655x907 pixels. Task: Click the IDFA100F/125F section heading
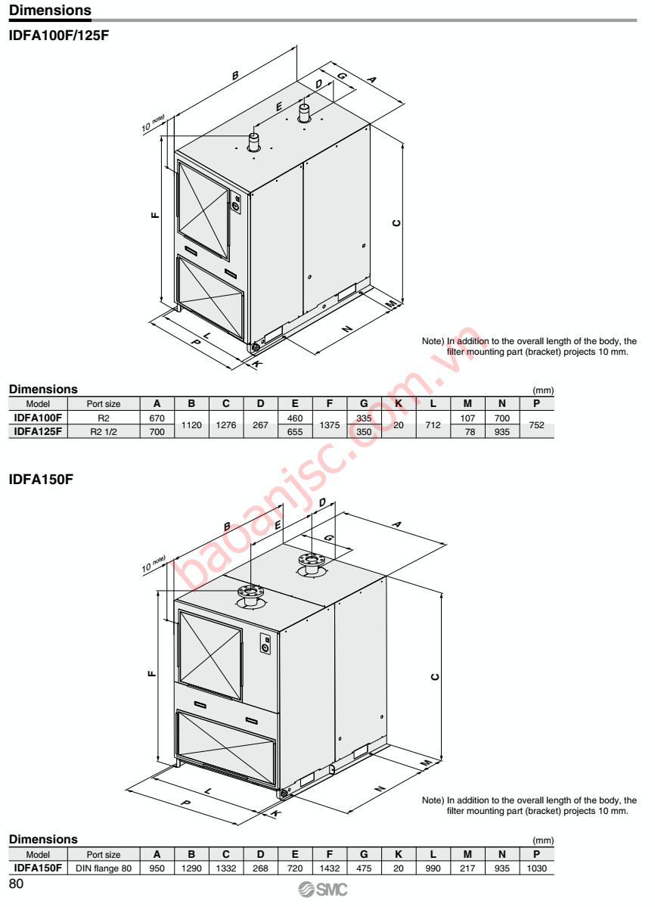pyautogui.click(x=59, y=35)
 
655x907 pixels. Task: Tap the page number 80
pyautogui.click(x=16, y=884)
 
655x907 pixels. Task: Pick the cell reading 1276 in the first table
pyautogui.click(x=225, y=425)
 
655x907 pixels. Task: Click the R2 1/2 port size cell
pyautogui.click(x=104, y=432)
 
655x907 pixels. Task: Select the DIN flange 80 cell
pyautogui.click(x=104, y=868)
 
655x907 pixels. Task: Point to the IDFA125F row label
pyautogui.click(x=38, y=432)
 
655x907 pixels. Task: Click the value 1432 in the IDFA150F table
pyautogui.click(x=329, y=868)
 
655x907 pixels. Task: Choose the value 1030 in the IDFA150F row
pyautogui.click(x=536, y=868)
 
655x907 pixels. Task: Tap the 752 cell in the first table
pyautogui.click(x=536, y=425)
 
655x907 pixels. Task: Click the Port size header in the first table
pyautogui.click(x=104, y=404)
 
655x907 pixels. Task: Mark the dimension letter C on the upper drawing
pyautogui.click(x=396, y=222)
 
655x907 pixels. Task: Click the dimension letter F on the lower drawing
pyautogui.click(x=151, y=672)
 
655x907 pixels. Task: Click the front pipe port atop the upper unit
pyautogui.click(x=253, y=141)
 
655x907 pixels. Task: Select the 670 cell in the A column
pyautogui.click(x=157, y=418)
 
